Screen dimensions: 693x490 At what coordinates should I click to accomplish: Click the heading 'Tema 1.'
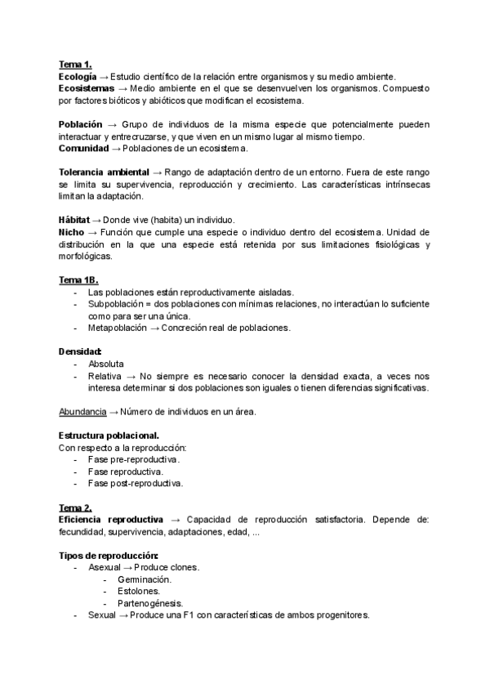click(75, 65)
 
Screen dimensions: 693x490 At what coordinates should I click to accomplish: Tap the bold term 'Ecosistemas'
click(86, 88)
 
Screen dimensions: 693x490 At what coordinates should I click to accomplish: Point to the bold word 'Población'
click(81, 124)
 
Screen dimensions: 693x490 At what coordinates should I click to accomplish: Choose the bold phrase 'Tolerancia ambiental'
click(104, 172)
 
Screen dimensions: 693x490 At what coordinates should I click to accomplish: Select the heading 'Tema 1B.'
click(78, 279)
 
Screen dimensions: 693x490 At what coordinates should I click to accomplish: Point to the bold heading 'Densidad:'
click(80, 351)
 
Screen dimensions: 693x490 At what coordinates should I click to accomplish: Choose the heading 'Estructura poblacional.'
click(109, 436)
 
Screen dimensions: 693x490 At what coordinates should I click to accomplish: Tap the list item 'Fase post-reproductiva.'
click(135, 483)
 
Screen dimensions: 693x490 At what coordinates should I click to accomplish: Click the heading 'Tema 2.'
click(75, 507)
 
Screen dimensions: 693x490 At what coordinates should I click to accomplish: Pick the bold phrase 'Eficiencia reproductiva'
click(111, 519)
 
